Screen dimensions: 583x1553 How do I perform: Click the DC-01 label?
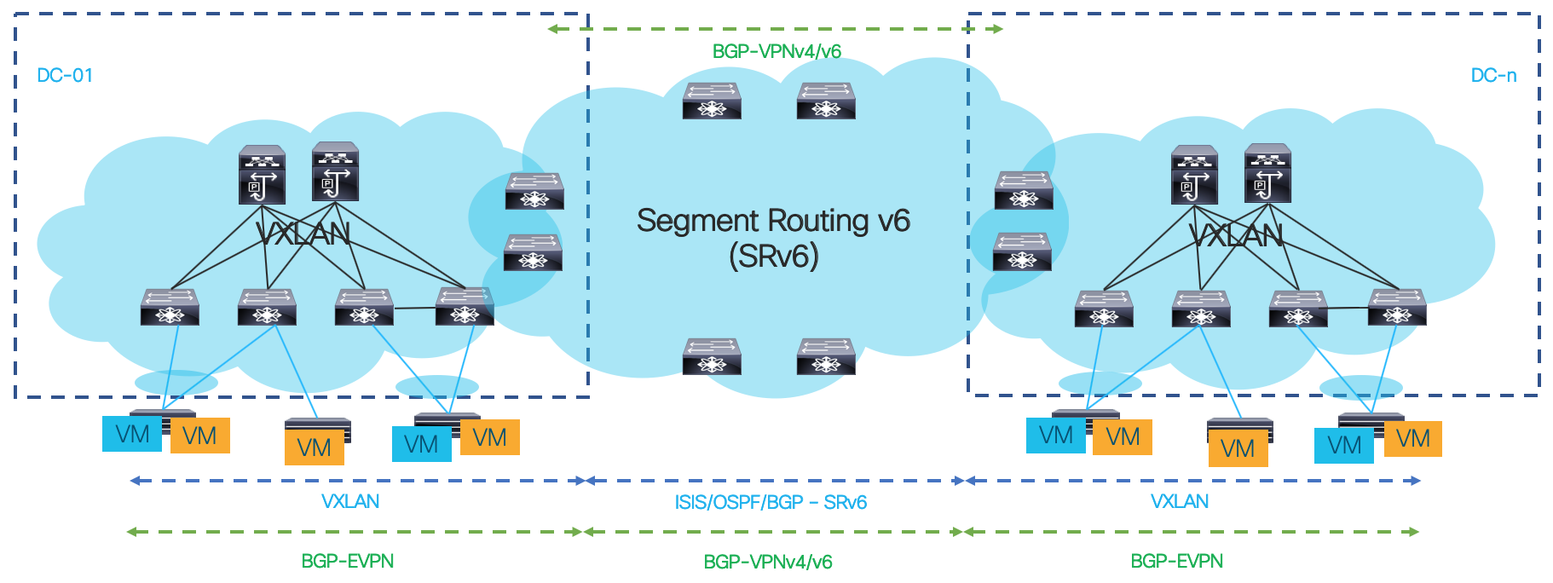(65, 76)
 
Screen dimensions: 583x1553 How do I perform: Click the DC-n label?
(1493, 76)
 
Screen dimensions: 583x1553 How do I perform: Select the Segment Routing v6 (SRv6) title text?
(773, 238)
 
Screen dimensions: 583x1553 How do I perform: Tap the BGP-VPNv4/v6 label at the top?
(776, 52)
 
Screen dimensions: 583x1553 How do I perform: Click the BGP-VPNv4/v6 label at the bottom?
(767, 562)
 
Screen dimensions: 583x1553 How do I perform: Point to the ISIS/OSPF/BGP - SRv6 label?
(771, 502)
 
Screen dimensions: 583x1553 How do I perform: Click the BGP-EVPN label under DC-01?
(348, 561)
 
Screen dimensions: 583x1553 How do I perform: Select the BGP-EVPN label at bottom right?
(1176, 561)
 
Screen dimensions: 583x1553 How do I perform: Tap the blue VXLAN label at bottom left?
(350, 501)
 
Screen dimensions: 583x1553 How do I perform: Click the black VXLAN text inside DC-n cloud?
(1235, 236)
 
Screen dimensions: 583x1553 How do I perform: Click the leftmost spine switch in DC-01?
(262, 175)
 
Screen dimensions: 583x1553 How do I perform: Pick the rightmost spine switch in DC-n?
(1267, 173)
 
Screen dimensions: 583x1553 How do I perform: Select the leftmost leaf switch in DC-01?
(170, 308)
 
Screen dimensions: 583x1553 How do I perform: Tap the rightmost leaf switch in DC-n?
(1397, 308)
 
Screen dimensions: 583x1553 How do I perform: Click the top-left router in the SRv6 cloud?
(712, 101)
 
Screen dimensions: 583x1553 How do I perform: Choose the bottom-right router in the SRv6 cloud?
(826, 356)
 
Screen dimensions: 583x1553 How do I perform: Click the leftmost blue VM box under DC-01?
(132, 434)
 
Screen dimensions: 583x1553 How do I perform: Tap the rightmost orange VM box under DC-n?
(1412, 439)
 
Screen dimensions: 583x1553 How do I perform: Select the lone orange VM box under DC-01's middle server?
(314, 447)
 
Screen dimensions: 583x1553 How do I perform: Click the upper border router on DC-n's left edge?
(1024, 190)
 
